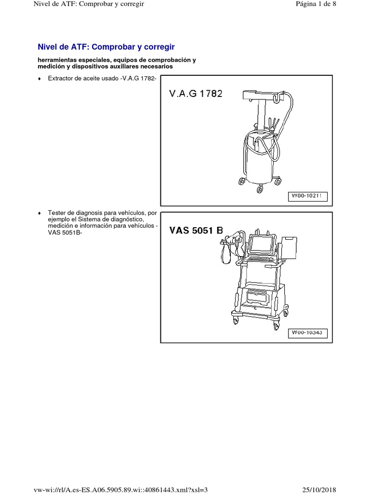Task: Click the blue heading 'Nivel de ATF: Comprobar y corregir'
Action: pyautogui.click(x=106, y=47)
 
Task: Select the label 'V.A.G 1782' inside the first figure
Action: pyautogui.click(x=196, y=94)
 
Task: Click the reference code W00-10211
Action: pyautogui.click(x=308, y=196)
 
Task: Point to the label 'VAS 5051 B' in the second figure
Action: pyautogui.click(x=196, y=231)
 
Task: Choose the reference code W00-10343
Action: pyautogui.click(x=308, y=332)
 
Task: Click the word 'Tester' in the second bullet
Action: pyautogui.click(x=57, y=212)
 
